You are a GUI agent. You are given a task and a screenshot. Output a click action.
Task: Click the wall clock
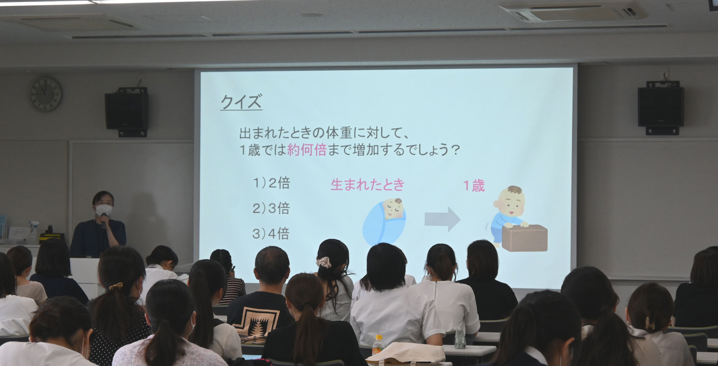click(45, 94)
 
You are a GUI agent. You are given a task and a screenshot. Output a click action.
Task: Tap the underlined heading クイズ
click(241, 103)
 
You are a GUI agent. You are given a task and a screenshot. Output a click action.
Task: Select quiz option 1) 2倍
click(271, 183)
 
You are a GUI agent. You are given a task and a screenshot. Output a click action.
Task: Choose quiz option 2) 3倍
click(271, 208)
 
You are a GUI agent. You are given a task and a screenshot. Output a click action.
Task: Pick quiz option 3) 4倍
click(271, 233)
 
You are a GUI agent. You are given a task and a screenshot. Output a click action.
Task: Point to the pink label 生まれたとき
click(368, 185)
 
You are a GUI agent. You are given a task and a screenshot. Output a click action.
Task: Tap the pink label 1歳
click(474, 186)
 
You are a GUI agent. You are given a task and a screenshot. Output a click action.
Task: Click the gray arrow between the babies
click(443, 219)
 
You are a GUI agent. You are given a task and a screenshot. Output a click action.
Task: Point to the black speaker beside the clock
click(126, 111)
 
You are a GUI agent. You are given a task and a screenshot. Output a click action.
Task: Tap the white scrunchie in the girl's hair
click(324, 262)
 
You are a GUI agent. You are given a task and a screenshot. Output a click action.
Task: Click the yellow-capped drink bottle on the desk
click(378, 346)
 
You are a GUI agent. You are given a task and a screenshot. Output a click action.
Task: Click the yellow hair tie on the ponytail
click(116, 287)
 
